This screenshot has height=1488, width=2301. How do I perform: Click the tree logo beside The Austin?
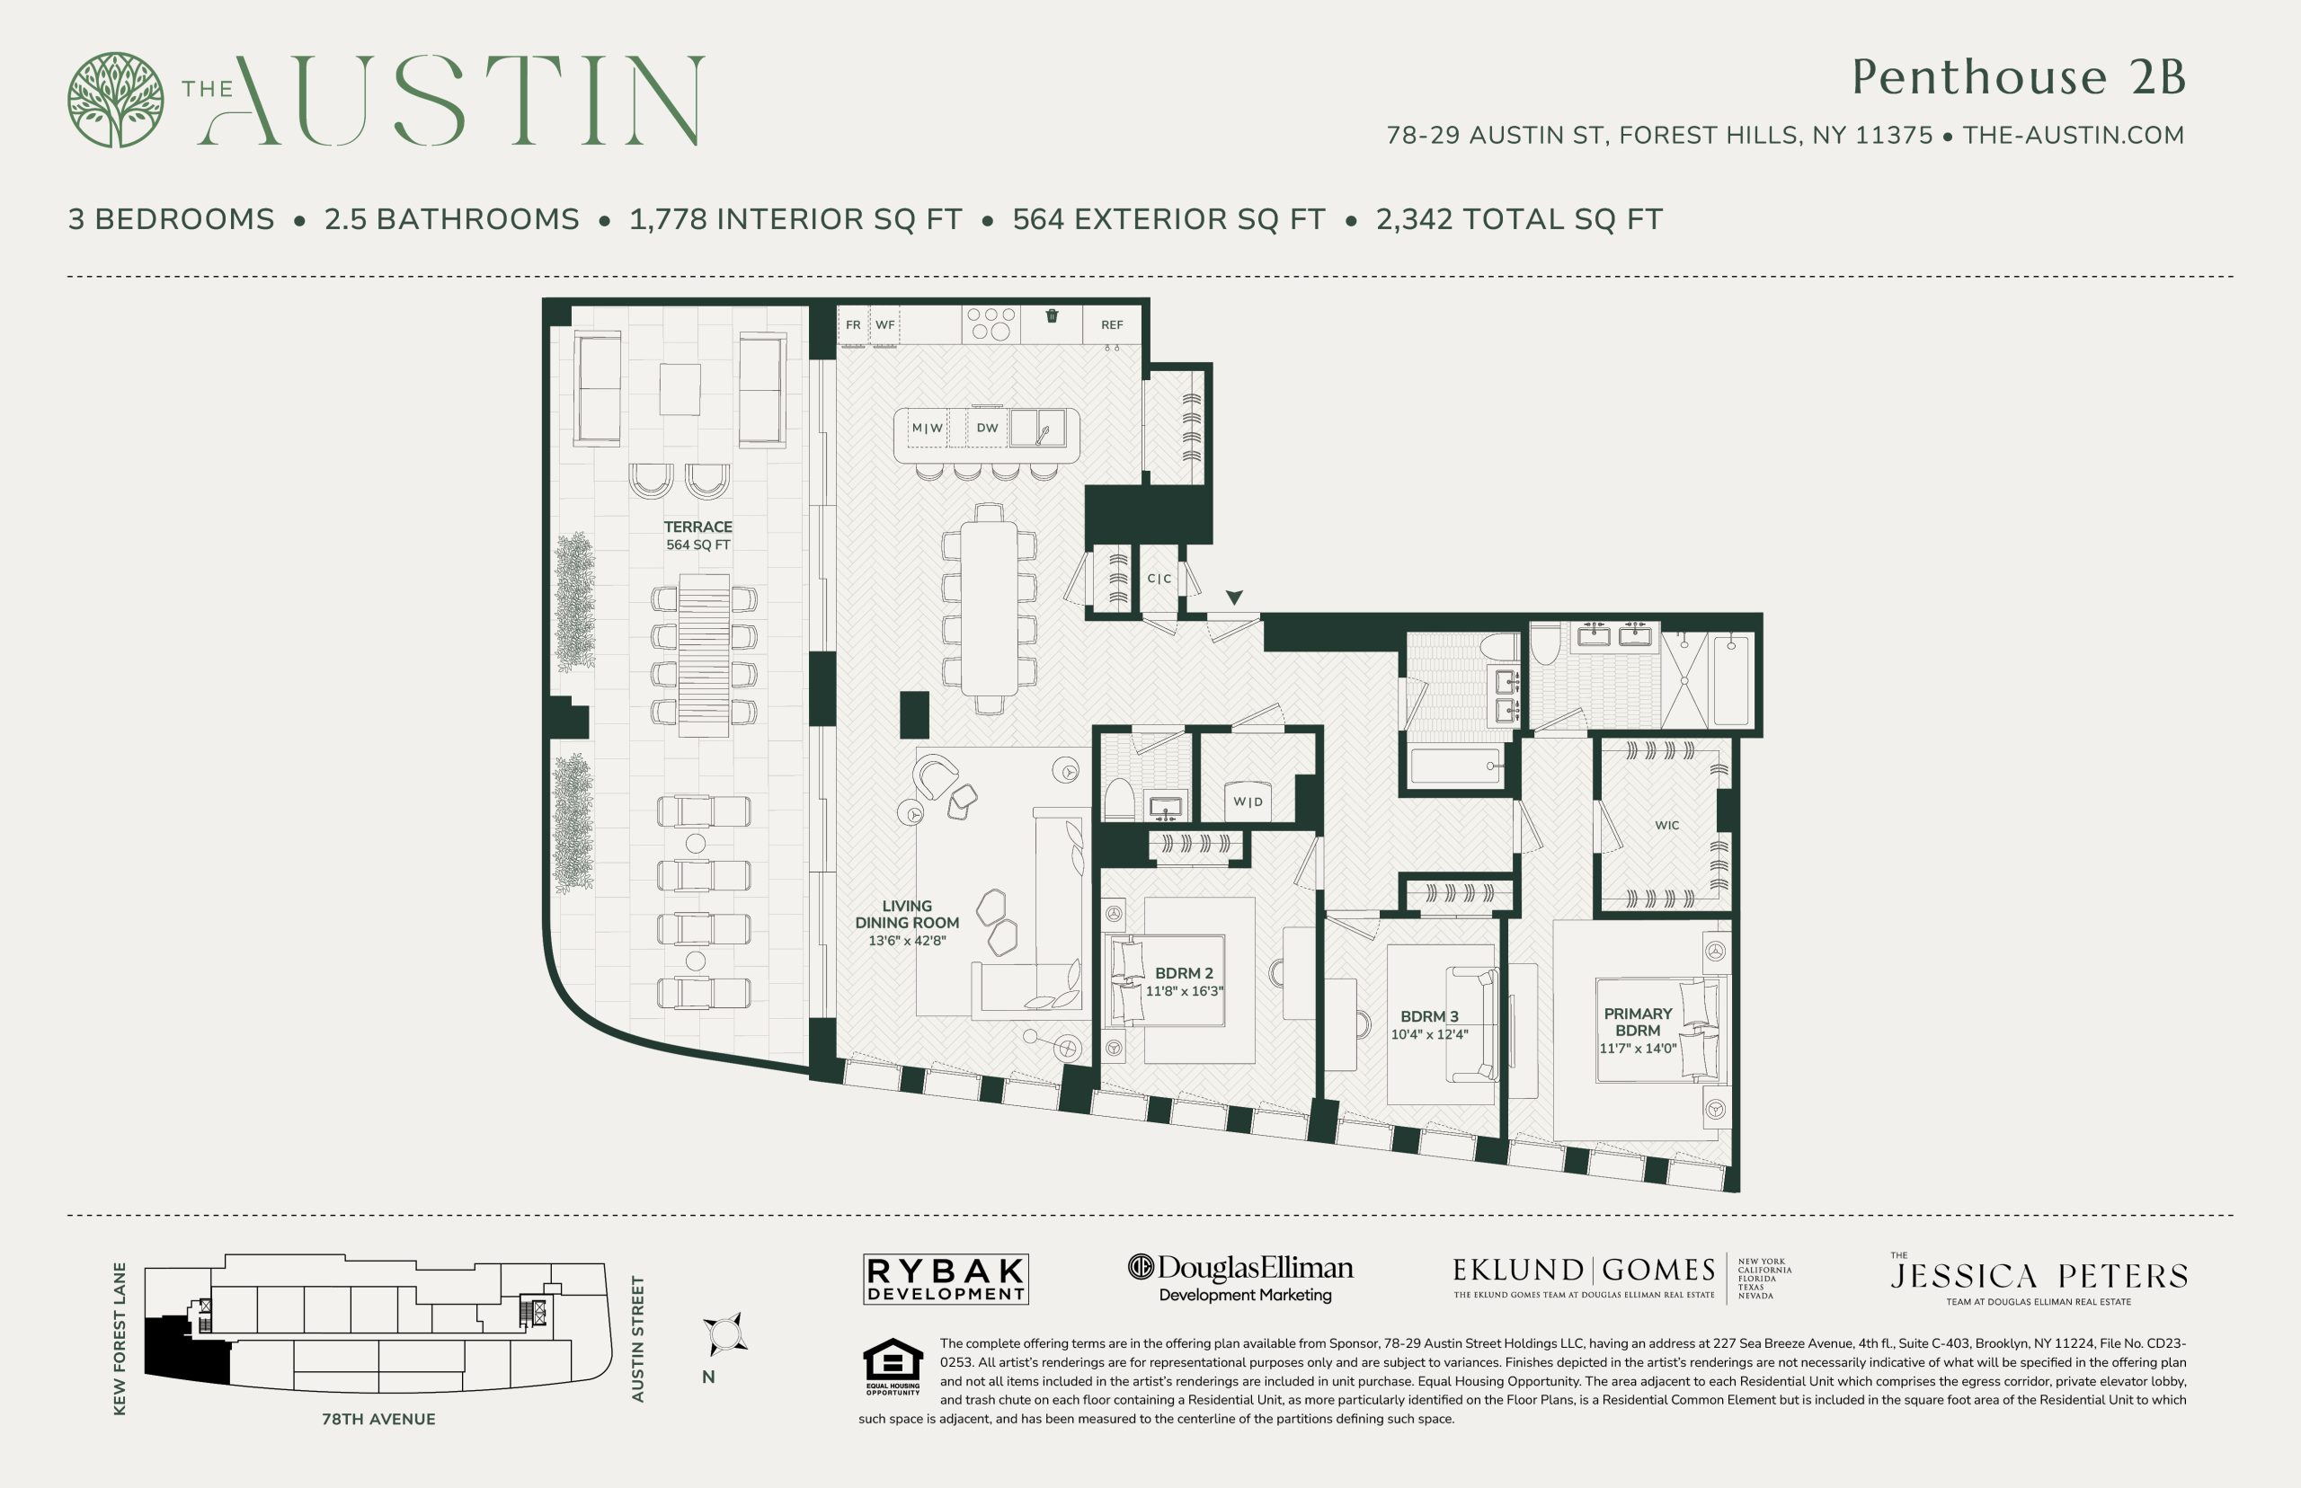115,100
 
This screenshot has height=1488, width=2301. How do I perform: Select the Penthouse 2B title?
2018,76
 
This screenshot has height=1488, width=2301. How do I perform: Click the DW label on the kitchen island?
987,428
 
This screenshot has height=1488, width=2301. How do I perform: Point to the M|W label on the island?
927,428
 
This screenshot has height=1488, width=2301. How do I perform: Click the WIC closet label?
1667,825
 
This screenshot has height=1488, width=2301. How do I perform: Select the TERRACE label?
697,527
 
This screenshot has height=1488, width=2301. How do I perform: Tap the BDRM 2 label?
1184,973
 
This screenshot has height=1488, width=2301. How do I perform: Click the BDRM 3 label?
1429,1016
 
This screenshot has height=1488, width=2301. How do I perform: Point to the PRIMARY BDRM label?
1638,1023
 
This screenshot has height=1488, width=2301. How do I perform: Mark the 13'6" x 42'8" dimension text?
907,940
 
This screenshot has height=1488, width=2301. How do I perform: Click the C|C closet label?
1159,579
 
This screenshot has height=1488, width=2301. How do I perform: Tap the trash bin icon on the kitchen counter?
1053,315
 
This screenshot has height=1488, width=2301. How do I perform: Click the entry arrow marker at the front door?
1234,598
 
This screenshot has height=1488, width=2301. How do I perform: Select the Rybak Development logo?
946,1280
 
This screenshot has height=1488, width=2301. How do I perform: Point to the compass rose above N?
724,1334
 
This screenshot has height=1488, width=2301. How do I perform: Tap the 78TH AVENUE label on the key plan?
378,1419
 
